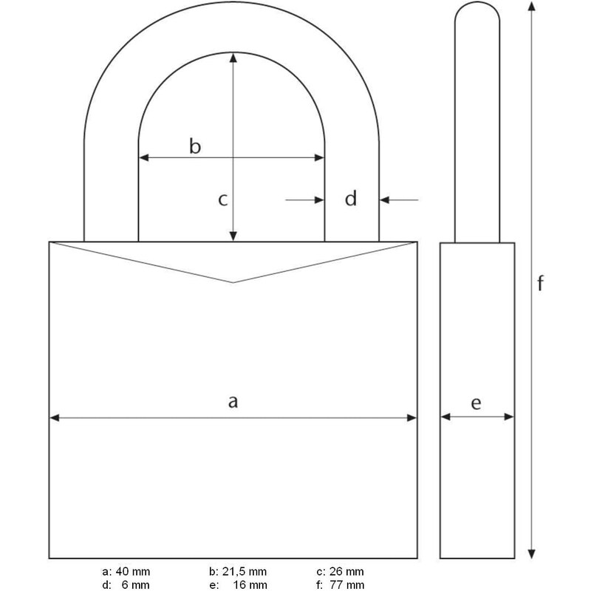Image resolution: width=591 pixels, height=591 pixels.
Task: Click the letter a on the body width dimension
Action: (233, 401)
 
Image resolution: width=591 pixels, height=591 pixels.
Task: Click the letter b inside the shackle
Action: (194, 146)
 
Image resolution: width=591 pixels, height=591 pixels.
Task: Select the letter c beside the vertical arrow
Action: (222, 199)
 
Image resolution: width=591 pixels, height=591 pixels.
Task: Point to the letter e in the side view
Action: (476, 403)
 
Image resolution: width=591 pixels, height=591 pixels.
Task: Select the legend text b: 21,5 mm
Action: (237, 572)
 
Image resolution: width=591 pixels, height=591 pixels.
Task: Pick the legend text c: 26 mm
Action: (340, 572)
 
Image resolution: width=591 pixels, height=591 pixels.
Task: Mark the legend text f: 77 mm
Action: (340, 584)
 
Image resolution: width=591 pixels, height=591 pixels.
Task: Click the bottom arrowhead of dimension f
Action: (530, 555)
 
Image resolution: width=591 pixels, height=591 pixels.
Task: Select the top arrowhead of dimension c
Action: (233, 58)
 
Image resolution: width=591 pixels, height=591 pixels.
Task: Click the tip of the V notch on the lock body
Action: (233, 282)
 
